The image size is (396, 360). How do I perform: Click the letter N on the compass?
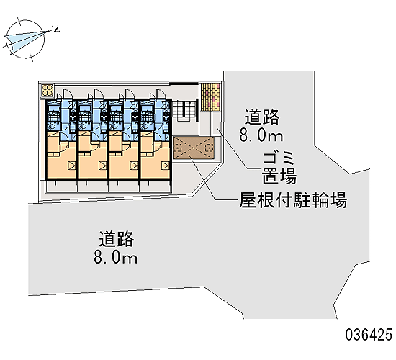click(57, 29)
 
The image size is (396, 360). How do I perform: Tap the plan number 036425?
click(369, 335)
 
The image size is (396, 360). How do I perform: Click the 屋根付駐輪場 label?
click(293, 200)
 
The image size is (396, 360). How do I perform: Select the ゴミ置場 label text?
click(279, 168)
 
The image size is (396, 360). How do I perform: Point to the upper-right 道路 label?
click(262, 117)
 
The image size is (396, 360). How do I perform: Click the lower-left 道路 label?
click(117, 239)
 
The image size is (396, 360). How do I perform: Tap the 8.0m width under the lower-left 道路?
click(115, 257)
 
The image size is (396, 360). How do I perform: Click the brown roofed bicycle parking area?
click(194, 148)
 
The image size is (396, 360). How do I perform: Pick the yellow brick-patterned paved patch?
click(210, 96)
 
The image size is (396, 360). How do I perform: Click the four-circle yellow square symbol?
click(48, 91)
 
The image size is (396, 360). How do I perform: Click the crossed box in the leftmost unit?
click(72, 166)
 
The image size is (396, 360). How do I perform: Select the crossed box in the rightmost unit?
click(165, 166)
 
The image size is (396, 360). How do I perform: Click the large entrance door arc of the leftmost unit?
click(68, 93)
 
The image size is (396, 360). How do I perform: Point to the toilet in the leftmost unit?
click(51, 126)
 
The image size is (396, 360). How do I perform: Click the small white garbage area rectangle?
click(216, 124)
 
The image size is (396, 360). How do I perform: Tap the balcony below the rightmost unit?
click(156, 186)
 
